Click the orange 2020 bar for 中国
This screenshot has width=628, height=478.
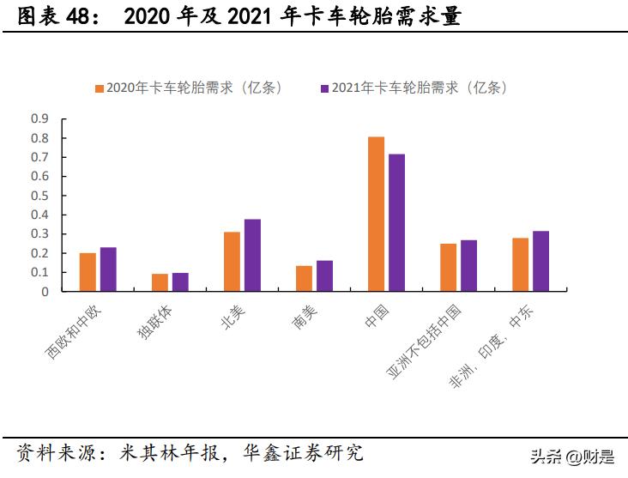coord(376,214)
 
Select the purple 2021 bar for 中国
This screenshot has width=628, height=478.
coord(396,222)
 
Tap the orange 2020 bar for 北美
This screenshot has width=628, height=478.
coord(232,262)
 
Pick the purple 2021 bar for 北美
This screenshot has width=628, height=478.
coord(252,255)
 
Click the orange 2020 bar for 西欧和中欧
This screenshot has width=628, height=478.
coord(88,272)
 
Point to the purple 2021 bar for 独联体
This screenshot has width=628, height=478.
coord(180,282)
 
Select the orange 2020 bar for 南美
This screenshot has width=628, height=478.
coord(304,279)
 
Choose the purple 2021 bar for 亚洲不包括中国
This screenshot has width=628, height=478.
coord(468,266)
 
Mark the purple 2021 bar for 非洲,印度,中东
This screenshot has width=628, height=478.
coord(540,261)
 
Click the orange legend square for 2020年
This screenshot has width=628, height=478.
coord(99,88)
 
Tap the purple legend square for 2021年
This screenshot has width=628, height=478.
coord(325,88)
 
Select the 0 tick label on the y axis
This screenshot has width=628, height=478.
coord(45,292)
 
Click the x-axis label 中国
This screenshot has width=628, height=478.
coord(376,318)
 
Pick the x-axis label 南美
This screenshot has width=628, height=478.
coord(304,318)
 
